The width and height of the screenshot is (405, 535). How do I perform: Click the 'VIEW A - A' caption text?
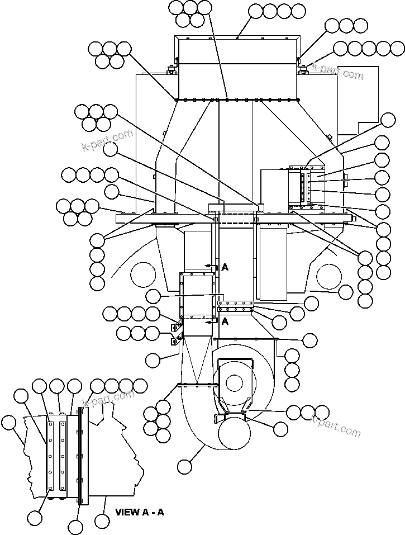click(x=139, y=512)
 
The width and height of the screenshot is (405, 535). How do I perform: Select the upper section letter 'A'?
click(x=225, y=268)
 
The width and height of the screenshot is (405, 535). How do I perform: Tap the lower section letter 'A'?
click(x=225, y=321)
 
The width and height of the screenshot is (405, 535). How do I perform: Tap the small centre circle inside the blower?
click(x=234, y=382)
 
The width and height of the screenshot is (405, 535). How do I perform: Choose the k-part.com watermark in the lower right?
click(x=335, y=428)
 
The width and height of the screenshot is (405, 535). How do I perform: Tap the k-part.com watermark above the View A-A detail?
click(x=108, y=399)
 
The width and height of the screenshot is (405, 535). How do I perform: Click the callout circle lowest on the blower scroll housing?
click(x=185, y=466)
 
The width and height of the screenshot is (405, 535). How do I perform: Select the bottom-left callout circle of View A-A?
click(x=35, y=518)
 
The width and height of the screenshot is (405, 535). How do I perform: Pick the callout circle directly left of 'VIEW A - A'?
click(x=102, y=521)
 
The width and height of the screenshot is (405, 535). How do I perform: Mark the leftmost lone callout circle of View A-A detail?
click(x=9, y=423)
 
